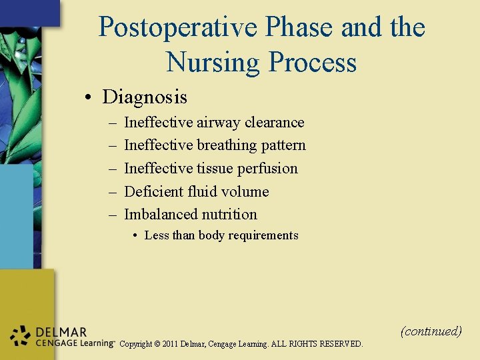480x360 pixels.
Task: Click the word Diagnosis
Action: (x=145, y=97)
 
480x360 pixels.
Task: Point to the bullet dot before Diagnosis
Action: (x=88, y=98)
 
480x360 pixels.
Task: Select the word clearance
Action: (x=274, y=123)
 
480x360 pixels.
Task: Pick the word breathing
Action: (x=227, y=145)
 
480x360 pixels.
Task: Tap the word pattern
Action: (x=283, y=145)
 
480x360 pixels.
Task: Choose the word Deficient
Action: (x=154, y=191)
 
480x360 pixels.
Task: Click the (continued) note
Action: (x=431, y=331)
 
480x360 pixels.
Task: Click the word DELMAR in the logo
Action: (x=61, y=332)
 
